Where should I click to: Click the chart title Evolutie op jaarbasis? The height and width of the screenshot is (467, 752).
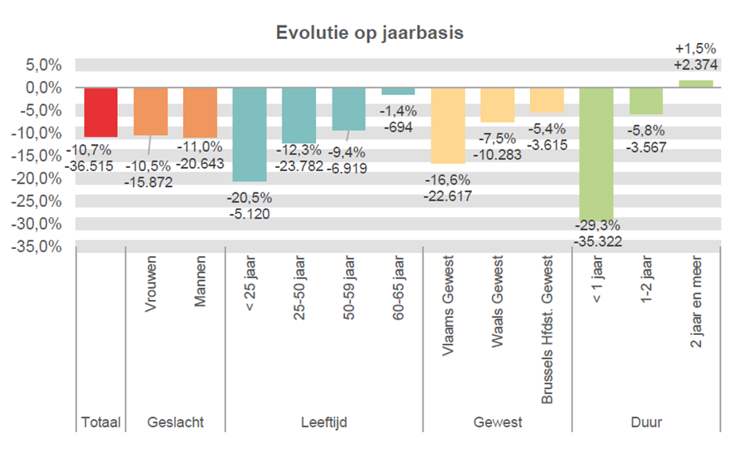coord(369,33)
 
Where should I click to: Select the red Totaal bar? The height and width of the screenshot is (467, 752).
coord(101,112)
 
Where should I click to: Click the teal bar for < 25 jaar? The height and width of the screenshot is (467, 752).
coord(249,134)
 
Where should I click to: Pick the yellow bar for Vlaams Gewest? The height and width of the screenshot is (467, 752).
coord(448,125)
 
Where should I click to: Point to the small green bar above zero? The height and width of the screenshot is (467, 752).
coord(696,84)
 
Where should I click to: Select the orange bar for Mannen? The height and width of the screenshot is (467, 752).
coord(200,112)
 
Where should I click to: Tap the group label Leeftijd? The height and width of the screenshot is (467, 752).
coord(324,422)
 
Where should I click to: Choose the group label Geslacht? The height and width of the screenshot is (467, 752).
coord(176,422)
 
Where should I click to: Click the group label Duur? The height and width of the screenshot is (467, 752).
coord(645,422)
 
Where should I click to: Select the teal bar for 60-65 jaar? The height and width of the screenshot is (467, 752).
coord(398,91)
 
